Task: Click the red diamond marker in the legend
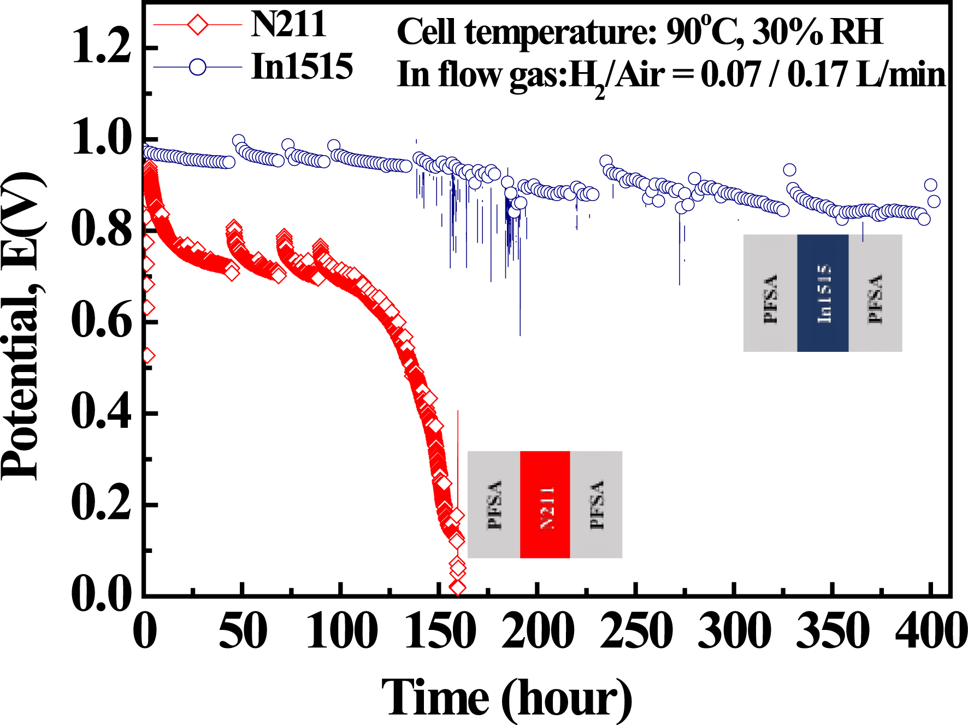(197, 25)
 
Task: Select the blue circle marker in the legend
(197, 67)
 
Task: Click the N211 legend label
(288, 25)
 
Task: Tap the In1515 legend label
(302, 67)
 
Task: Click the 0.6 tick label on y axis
(102, 321)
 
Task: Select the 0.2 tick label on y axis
(102, 503)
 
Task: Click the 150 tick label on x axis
(440, 631)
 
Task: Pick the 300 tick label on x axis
(735, 631)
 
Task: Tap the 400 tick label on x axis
(930, 631)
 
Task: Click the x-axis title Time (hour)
(506, 698)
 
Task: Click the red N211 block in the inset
(545, 504)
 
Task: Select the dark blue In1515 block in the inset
(823, 293)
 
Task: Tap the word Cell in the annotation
(426, 32)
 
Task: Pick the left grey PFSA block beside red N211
(494, 504)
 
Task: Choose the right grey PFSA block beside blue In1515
(875, 293)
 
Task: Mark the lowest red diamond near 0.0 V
(457, 588)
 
